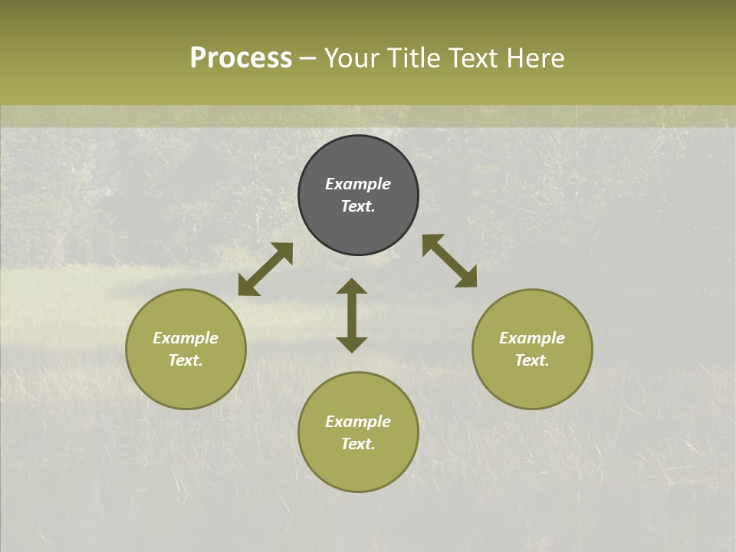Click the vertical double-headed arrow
[352, 315]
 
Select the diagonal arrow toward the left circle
[265, 269]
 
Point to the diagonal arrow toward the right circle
[449, 261]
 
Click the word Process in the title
[241, 58]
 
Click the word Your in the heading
[351, 58]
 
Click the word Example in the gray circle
[358, 184]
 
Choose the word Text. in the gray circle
[358, 206]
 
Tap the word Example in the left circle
[186, 338]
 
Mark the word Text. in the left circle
[186, 360]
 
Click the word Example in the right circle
[532, 338]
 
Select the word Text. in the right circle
[532, 360]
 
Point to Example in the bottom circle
[358, 422]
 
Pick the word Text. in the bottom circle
[358, 444]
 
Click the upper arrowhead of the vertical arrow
[352, 285]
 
